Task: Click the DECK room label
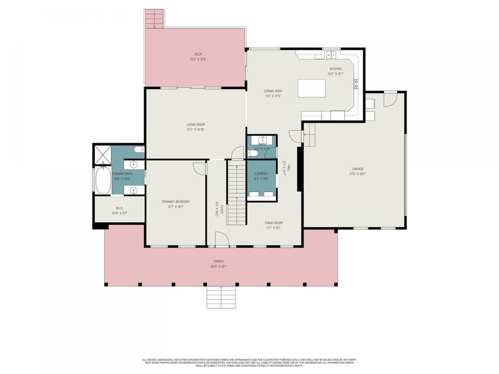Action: pyautogui.click(x=198, y=54)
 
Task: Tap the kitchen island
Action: pyautogui.click(x=312, y=88)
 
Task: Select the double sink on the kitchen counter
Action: pyautogui.click(x=332, y=54)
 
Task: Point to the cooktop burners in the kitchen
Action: pyautogui.click(x=357, y=84)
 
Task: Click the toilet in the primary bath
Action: pyautogui.click(x=139, y=150)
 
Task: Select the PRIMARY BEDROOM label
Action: pyautogui.click(x=176, y=201)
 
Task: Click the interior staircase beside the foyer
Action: pyautogui.click(x=237, y=191)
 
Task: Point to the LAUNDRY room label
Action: pyautogui.click(x=261, y=173)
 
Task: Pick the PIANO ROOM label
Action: pyautogui.click(x=274, y=223)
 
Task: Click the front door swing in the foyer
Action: pyautogui.click(x=221, y=239)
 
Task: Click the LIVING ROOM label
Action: pyautogui.click(x=196, y=125)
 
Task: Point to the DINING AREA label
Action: pyautogui.click(x=273, y=91)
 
